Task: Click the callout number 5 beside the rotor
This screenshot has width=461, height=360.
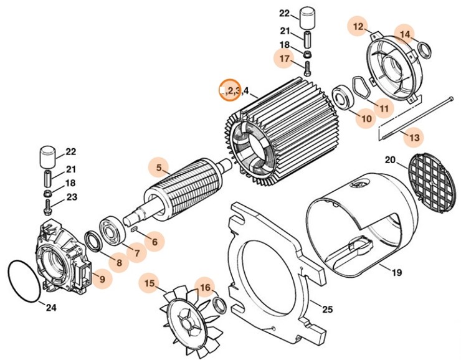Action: point(159,167)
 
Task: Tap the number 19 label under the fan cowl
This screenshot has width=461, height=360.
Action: point(397,272)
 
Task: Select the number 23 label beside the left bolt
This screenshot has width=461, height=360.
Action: point(72,197)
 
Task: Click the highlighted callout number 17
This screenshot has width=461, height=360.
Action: point(284,59)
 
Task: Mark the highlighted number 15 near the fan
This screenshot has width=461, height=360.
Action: point(149,283)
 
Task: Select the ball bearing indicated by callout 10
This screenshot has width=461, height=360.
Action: point(342,97)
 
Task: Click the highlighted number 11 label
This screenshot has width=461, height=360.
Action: point(384,108)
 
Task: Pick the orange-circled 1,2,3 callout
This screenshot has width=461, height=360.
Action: point(230,91)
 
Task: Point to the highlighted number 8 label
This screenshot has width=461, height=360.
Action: point(118,262)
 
